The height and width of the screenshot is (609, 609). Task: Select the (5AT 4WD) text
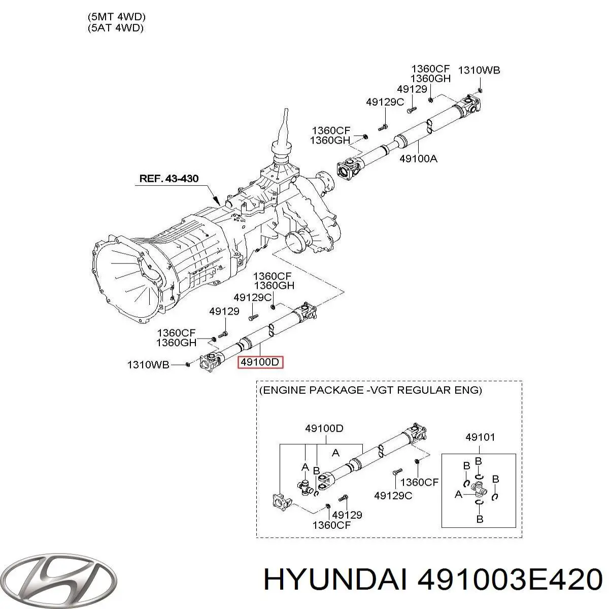tap(115, 28)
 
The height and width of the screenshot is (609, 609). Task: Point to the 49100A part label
tap(418, 158)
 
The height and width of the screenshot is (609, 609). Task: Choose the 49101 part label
tap(480, 436)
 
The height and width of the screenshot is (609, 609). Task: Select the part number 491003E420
tap(507, 579)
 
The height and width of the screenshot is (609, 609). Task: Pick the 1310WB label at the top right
tap(479, 70)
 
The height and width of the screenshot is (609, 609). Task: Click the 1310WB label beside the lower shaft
tap(147, 364)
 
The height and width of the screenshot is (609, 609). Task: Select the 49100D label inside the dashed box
tap(324, 428)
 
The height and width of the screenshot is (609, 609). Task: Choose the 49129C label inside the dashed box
tap(393, 495)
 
